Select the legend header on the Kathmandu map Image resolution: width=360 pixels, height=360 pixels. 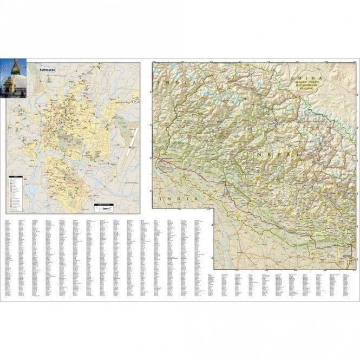pos(16,177)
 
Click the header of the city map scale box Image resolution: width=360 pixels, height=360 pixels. pos(103,204)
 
